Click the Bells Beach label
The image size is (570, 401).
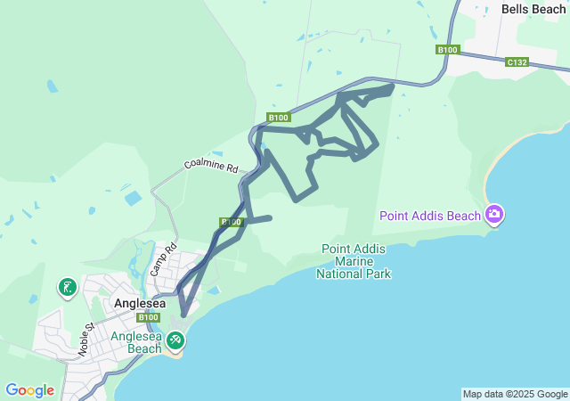click(x=533, y=9)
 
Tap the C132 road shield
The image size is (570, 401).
click(x=517, y=62)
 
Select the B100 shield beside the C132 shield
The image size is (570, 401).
click(x=447, y=50)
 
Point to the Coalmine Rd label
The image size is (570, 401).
click(x=211, y=166)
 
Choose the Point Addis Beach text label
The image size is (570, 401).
click(x=430, y=215)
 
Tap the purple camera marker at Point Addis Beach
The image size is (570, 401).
click(x=494, y=214)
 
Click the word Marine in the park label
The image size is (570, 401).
click(x=354, y=261)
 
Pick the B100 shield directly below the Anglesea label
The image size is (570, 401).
click(x=149, y=317)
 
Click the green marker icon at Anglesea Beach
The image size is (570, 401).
click(x=175, y=340)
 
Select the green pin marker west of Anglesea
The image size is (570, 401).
click(x=68, y=287)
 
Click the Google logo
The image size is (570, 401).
click(x=30, y=390)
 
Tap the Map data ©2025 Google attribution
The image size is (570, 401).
click(x=515, y=394)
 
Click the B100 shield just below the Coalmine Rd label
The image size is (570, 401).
click(x=231, y=222)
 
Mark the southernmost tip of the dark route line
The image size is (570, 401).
click(x=183, y=315)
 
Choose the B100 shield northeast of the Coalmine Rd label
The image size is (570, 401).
click(x=278, y=118)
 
